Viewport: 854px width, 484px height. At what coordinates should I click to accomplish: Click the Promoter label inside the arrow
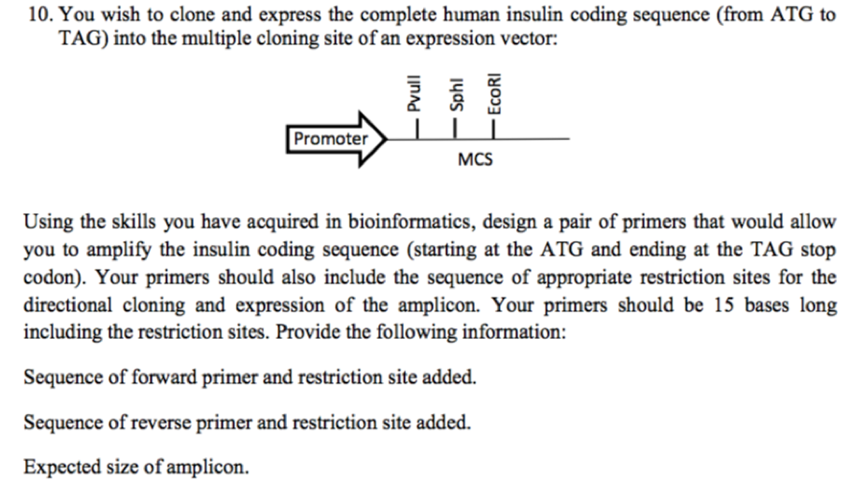click(330, 139)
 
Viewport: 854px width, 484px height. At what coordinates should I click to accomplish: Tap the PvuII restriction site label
click(415, 97)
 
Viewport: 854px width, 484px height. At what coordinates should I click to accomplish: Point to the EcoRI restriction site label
click(494, 94)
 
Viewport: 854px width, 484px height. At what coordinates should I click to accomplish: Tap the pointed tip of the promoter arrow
click(383, 139)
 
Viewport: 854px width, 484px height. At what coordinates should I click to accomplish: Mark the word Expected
click(59, 468)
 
